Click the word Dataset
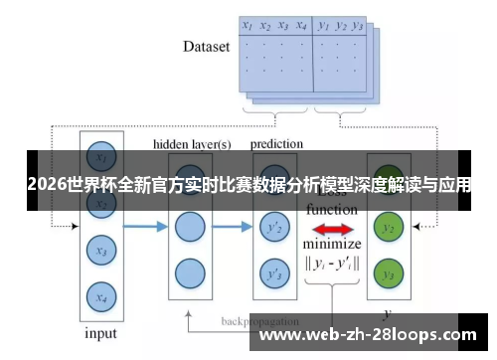tap(207, 46)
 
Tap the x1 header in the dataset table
tap(248, 26)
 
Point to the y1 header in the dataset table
tap(323, 26)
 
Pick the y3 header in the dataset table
tap(358, 27)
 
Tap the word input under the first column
tap(99, 333)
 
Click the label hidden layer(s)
tap(192, 144)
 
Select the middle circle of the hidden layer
tap(189, 228)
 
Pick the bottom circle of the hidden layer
tap(189, 271)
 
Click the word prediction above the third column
tap(276, 144)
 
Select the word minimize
tap(332, 245)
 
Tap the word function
tap(332, 210)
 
